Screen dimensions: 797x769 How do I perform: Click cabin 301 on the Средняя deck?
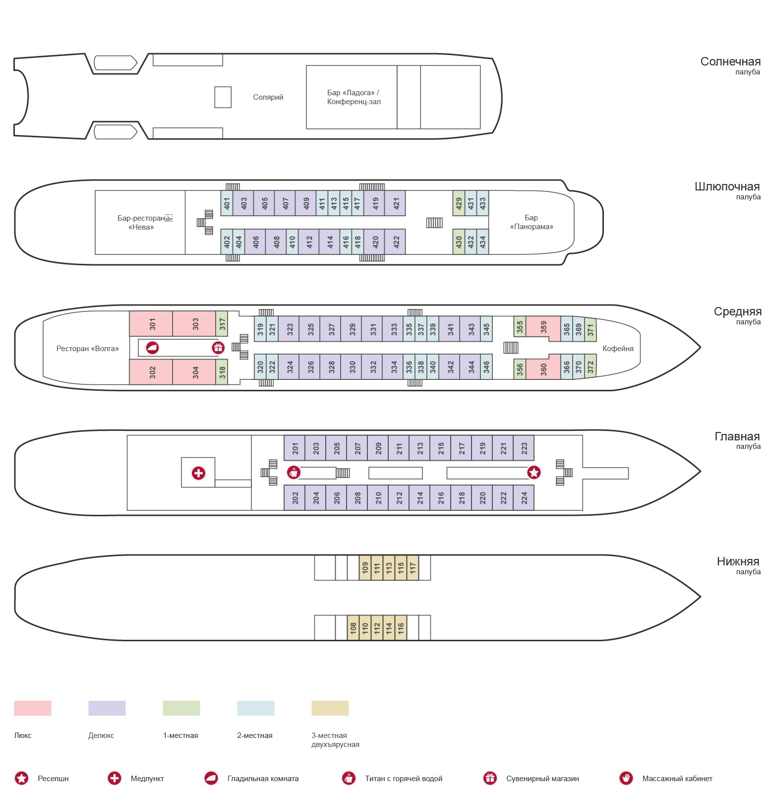(x=151, y=324)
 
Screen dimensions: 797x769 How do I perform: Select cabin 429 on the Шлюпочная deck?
(x=459, y=203)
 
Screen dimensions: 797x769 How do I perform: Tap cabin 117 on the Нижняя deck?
(x=413, y=568)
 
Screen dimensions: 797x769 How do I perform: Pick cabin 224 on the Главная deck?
(x=524, y=498)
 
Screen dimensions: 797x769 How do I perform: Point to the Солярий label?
(x=268, y=97)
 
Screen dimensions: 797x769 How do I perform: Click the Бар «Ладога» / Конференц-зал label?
(x=354, y=97)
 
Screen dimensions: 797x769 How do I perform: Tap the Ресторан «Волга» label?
(x=87, y=349)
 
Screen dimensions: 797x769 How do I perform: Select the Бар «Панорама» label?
(x=531, y=222)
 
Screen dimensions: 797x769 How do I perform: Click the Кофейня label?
(x=617, y=349)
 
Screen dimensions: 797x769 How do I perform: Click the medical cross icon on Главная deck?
(x=198, y=473)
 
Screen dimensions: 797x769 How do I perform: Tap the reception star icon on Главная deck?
(x=533, y=473)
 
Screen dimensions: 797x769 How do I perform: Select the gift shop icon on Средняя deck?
(x=218, y=348)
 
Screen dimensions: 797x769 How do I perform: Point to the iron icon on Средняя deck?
(x=152, y=348)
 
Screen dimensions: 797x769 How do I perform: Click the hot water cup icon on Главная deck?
(x=294, y=473)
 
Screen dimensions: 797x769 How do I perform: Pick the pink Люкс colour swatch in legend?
(x=33, y=708)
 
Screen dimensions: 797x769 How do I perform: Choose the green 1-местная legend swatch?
(x=181, y=708)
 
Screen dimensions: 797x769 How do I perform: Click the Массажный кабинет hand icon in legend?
(x=626, y=778)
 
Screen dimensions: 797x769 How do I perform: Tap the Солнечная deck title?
(x=730, y=62)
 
